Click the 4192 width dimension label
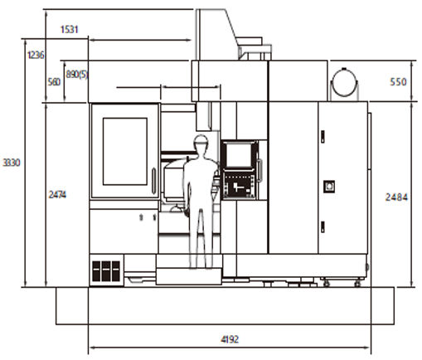(x=230, y=339)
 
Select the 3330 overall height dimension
(x=12, y=163)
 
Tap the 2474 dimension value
(x=57, y=195)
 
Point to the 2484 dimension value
(x=396, y=197)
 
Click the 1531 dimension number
(x=70, y=29)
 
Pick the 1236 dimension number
(x=36, y=55)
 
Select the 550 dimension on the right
(x=398, y=82)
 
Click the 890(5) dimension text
(x=77, y=75)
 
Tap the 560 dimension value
(x=54, y=82)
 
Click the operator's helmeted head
(x=201, y=142)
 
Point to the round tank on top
(x=344, y=83)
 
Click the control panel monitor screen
(x=240, y=154)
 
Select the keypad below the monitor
(x=239, y=184)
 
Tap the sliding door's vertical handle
(x=153, y=181)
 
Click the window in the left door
(x=125, y=151)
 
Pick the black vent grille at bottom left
(x=106, y=270)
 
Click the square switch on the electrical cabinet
(x=329, y=187)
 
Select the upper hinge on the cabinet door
(x=323, y=137)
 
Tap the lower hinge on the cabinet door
(x=323, y=226)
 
